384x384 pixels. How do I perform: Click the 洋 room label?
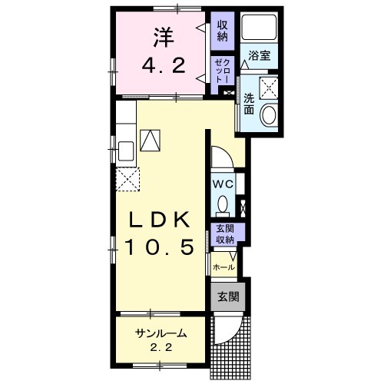164,38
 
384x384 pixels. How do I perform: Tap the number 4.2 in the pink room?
164,65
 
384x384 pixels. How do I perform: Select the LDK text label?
159,220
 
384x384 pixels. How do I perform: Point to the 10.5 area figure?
159,247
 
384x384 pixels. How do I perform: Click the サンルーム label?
161,333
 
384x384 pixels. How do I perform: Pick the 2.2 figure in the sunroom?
161,347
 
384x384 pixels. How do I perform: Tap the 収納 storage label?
223,31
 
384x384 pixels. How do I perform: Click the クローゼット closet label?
222,71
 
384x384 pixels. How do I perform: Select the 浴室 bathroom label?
260,55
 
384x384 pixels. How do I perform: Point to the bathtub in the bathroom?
259,27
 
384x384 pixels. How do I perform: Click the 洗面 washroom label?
249,104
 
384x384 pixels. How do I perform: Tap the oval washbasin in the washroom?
268,115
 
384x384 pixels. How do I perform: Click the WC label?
223,184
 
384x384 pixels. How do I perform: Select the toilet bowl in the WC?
223,204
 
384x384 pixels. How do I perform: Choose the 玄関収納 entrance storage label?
225,234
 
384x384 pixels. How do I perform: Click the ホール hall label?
223,267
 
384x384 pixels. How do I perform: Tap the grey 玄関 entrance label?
228,296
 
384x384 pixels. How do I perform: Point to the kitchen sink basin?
126,151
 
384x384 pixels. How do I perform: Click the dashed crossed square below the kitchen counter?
127,179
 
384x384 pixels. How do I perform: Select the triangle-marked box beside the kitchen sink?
150,141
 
